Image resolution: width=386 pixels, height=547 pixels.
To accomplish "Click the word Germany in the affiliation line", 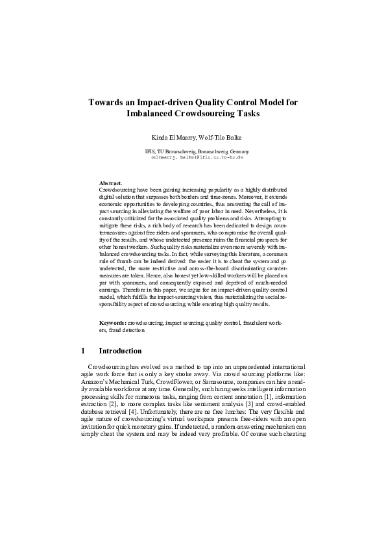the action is coord(235,151).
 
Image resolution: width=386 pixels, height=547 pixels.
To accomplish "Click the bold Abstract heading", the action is coord(111,184).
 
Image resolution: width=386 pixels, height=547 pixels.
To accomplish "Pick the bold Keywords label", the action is coord(113,322).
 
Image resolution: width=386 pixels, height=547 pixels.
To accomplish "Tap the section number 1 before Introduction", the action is coord(83,351).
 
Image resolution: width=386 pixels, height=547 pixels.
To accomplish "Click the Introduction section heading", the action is coord(120,351).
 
